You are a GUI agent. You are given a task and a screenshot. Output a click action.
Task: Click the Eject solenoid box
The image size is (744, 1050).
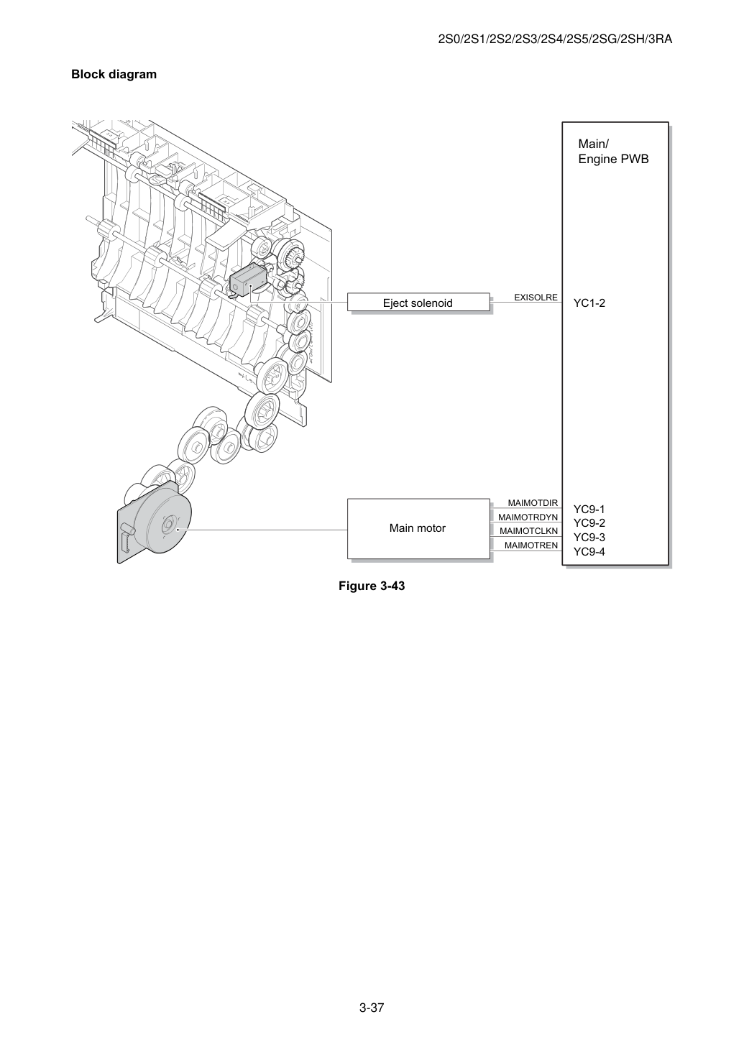[x=418, y=303]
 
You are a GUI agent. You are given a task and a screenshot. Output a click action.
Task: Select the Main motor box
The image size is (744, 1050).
[x=418, y=528]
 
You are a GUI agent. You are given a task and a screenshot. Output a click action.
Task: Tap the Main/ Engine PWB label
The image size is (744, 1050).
[x=613, y=152]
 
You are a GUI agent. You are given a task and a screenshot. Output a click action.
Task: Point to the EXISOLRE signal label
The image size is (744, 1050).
[x=536, y=298]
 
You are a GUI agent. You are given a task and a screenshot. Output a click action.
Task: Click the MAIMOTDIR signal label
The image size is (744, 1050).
[x=533, y=503]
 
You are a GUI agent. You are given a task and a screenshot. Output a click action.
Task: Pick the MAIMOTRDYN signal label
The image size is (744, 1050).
[x=528, y=517]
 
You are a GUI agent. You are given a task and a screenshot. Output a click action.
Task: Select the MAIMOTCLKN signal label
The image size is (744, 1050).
[x=528, y=531]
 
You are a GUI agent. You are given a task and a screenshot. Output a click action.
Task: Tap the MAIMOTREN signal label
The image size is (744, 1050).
[x=531, y=545]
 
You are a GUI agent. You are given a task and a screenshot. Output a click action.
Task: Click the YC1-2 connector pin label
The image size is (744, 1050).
[x=589, y=303]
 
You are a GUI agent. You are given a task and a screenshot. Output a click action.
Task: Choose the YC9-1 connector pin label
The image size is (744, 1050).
[x=589, y=509]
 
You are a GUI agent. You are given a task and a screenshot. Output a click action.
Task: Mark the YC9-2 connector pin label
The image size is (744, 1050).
[x=589, y=523]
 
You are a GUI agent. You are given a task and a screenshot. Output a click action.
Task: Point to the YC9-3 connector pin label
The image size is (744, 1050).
[x=589, y=537]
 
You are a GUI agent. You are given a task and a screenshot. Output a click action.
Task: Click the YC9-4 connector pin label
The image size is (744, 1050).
[x=589, y=552]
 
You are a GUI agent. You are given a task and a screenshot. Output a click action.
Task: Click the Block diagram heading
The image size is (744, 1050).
[x=114, y=74]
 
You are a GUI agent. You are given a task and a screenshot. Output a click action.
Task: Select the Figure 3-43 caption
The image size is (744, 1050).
[x=372, y=586]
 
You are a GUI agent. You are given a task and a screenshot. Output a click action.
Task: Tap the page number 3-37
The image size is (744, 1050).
[x=372, y=1008]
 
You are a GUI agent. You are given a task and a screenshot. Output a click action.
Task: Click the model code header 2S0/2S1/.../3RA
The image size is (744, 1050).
[x=555, y=39]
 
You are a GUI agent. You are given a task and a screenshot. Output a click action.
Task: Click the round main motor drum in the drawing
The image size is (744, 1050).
[x=162, y=522]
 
